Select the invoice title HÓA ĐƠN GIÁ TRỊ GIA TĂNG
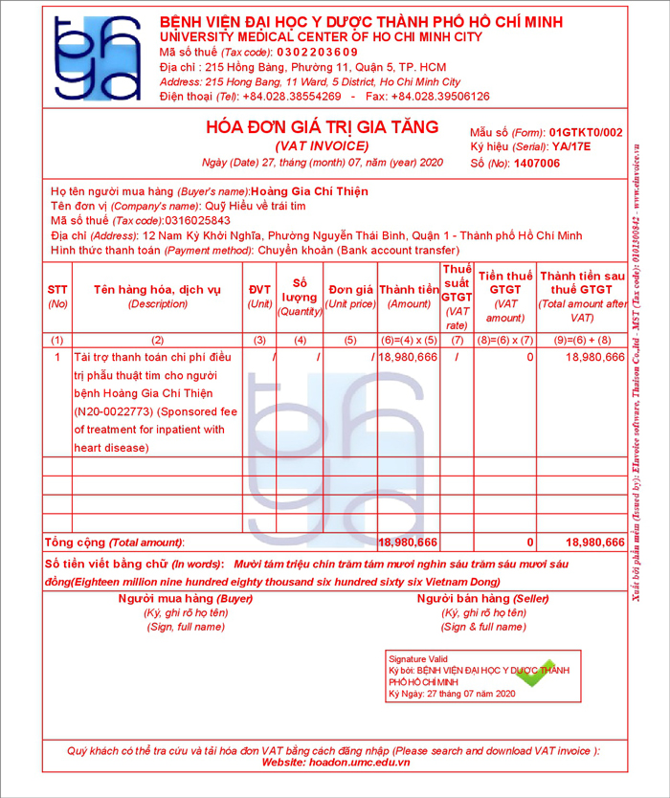pos(322,127)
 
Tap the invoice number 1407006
pos(536,164)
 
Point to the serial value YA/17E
pos(571,147)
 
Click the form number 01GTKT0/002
pos(587,132)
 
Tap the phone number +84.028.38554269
pos(293,97)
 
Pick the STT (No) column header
pos(57,297)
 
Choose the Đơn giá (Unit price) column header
pos(350,297)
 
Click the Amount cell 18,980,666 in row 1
pos(409,357)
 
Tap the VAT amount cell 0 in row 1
pos(529,357)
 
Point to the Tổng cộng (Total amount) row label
pos(114,543)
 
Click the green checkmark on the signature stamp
pos(537,674)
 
